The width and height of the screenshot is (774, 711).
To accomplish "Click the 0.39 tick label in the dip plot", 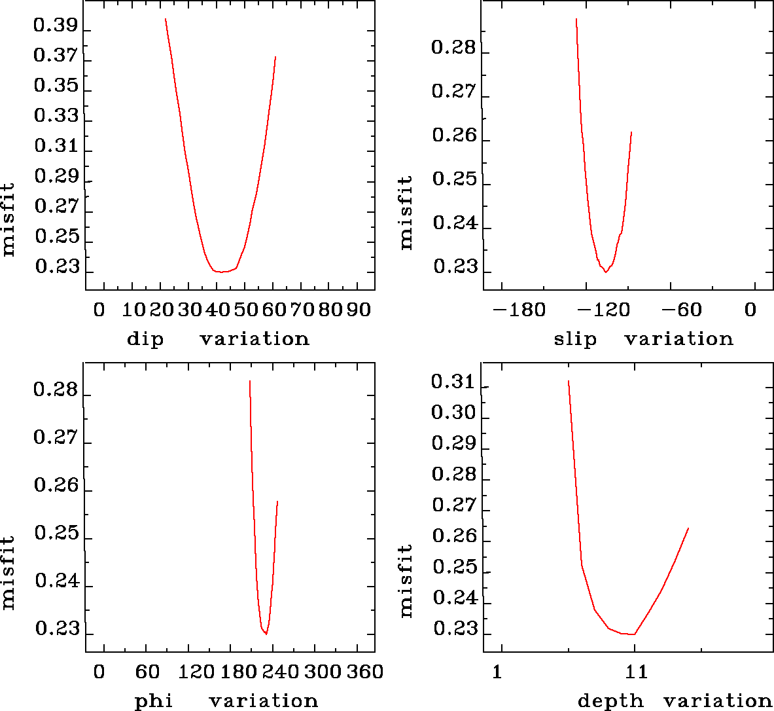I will click(56, 26).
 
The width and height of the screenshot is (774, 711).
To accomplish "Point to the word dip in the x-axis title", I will click(145, 339).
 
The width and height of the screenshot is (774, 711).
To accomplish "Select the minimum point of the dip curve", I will click(222, 272).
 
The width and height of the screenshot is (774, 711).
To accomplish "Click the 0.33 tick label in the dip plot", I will click(56, 116).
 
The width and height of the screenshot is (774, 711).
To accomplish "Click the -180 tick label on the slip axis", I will click(518, 310).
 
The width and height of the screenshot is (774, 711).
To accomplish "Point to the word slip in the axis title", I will click(575, 339).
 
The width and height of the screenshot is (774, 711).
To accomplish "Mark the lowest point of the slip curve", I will click(606, 272).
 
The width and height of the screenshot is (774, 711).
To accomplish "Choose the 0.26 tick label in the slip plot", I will click(454, 136).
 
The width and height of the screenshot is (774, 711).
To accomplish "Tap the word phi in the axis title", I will click(154, 701).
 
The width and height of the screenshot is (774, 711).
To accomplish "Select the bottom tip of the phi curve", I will click(266, 634).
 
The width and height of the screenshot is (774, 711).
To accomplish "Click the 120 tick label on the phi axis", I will click(196, 672).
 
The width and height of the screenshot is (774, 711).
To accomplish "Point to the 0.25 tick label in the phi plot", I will click(56, 534).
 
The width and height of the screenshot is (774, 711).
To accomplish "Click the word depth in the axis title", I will click(610, 701).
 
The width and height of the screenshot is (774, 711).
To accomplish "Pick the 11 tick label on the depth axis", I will click(636, 672).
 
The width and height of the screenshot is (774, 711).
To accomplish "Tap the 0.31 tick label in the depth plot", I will click(454, 382).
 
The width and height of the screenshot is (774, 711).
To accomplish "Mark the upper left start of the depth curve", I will click(568, 380).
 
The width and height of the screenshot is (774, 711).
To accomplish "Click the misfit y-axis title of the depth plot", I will click(406, 581).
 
